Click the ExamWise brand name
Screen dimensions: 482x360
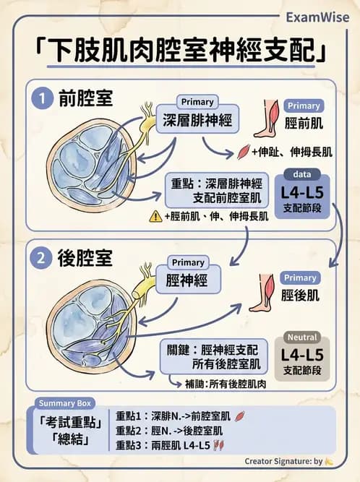coord(317,16)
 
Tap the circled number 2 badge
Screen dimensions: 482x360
coord(42,257)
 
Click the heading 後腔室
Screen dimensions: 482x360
coord(85,257)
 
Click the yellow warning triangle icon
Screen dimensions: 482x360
coord(155,215)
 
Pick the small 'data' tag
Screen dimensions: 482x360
coord(302,175)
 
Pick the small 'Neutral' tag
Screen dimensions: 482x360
coord(302,337)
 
